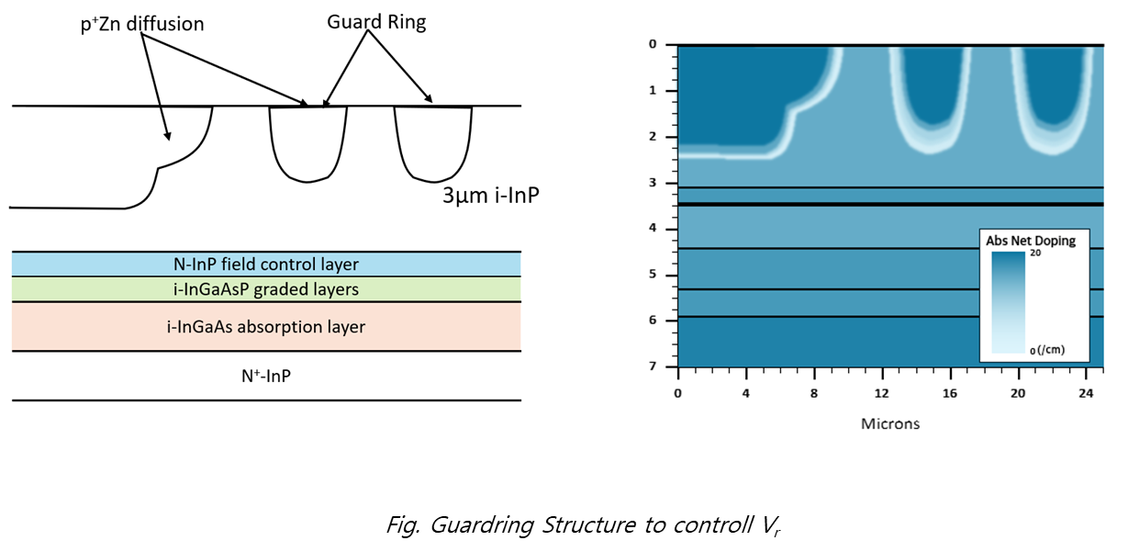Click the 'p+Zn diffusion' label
tap(142, 25)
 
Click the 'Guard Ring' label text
tap(376, 23)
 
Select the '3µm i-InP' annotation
tap(483, 196)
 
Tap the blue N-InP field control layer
tap(266, 265)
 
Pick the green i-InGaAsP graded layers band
tap(266, 289)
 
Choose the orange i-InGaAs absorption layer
tap(266, 326)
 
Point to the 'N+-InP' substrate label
tap(266, 375)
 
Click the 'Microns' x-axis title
tap(889, 423)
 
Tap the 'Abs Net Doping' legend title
tap(1031, 241)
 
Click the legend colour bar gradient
tap(1007, 303)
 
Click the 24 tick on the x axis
tap(1086, 393)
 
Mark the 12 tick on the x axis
tap(882, 393)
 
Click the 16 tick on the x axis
tap(950, 393)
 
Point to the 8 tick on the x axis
tap(814, 393)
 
